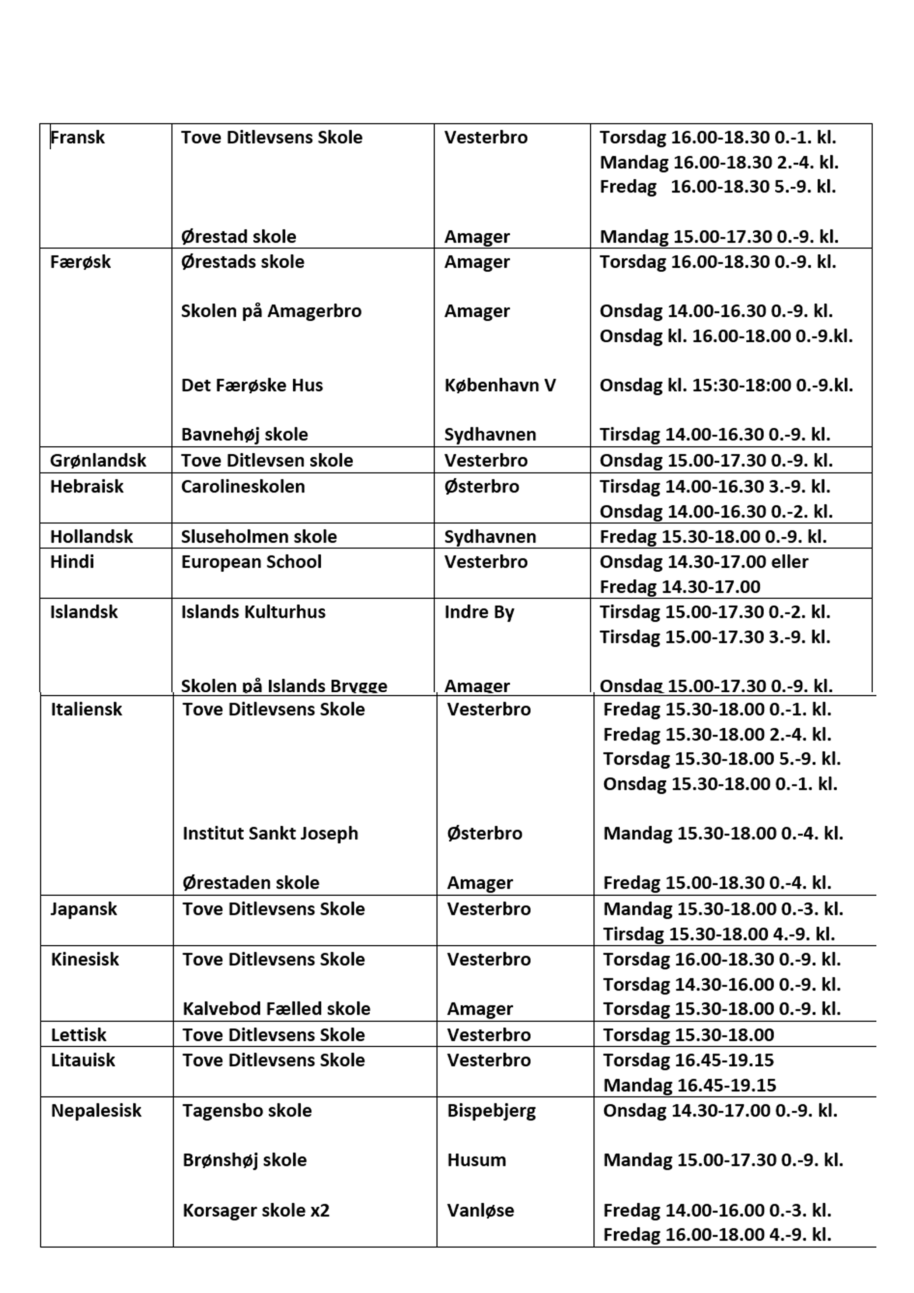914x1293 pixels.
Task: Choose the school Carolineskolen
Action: (243, 486)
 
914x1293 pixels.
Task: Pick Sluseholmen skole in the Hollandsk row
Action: (258, 536)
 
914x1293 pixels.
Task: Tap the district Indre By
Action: (479, 612)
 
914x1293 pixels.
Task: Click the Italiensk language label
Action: (86, 709)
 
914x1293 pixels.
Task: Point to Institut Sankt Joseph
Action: (270, 833)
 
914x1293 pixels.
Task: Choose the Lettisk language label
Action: (78, 1035)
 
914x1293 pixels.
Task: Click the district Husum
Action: (477, 1160)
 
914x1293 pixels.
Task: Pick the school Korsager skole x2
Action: (256, 1210)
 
